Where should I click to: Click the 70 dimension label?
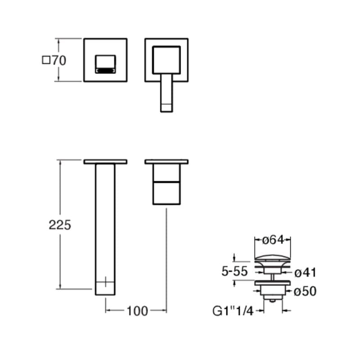click(x=59, y=61)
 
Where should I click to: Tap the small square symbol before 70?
click(x=46, y=60)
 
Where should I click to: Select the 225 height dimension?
click(x=60, y=225)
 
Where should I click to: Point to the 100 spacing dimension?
click(x=137, y=311)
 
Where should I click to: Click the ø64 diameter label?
click(x=273, y=240)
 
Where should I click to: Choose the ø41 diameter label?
click(x=306, y=273)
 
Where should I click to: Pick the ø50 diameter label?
click(x=305, y=291)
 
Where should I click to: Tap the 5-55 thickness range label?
click(x=234, y=271)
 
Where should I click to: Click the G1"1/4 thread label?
click(x=233, y=311)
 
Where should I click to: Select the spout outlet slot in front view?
click(x=106, y=71)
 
